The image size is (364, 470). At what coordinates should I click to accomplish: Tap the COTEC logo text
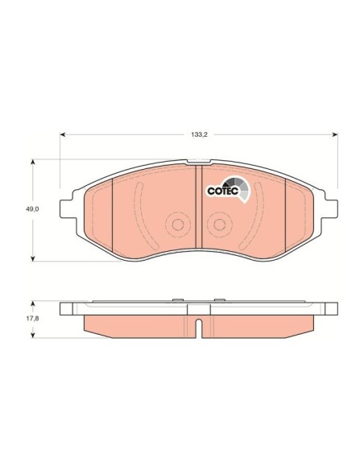(221, 192)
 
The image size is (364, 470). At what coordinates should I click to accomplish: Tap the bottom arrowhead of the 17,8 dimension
(33, 331)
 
